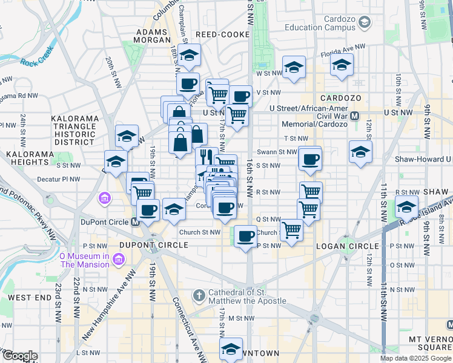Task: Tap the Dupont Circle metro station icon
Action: pos(136,222)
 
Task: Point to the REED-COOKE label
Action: pos(221,35)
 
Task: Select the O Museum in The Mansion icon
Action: pos(119,260)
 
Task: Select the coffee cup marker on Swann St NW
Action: pos(310,159)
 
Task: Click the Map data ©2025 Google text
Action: pos(415,358)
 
